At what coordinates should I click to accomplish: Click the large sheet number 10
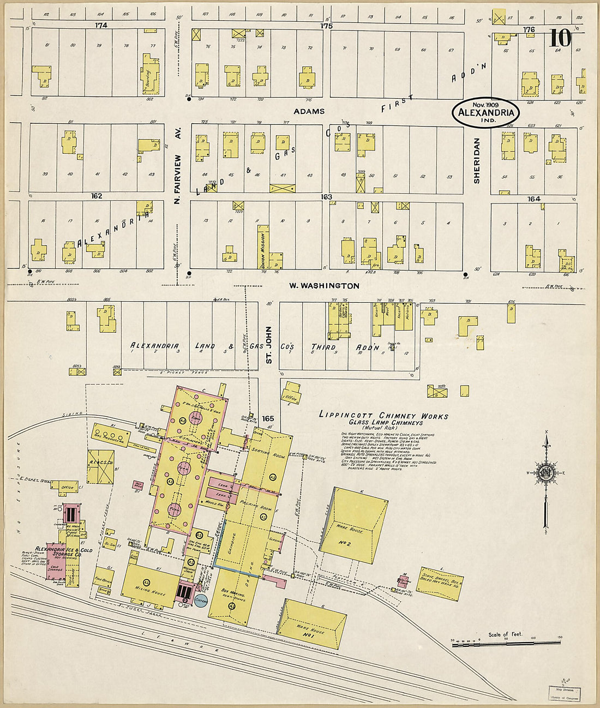click(560, 38)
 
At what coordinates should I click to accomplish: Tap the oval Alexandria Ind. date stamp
click(485, 112)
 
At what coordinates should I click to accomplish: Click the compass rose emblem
click(545, 472)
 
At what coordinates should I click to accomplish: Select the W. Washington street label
click(323, 285)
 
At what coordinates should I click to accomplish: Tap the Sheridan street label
click(476, 160)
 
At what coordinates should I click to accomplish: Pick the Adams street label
click(309, 111)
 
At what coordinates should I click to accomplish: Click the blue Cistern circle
click(201, 600)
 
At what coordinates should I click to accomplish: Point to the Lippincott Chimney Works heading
click(383, 416)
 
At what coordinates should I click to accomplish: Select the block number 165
click(267, 418)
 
